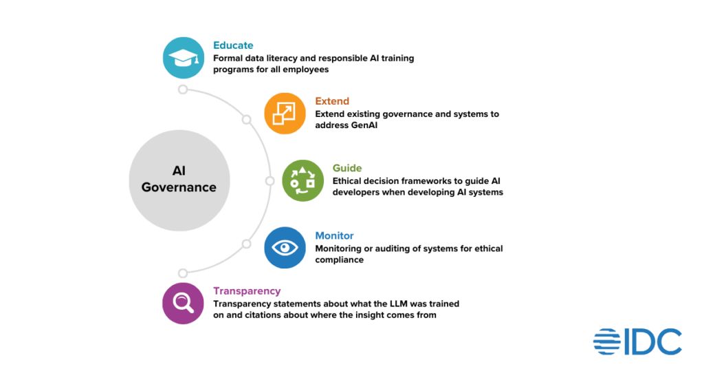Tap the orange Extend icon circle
pyautogui.click(x=285, y=113)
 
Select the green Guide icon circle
pyautogui.click(x=302, y=180)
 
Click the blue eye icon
pyautogui.click(x=285, y=247)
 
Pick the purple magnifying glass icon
pyautogui.click(x=183, y=303)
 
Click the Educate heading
pyautogui.click(x=233, y=45)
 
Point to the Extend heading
pyautogui.click(x=332, y=101)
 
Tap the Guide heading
pyautogui.click(x=347, y=168)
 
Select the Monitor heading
pyautogui.click(x=335, y=235)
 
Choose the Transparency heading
pyautogui.click(x=247, y=291)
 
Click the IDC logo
pyautogui.click(x=637, y=342)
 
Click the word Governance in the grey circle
pyautogui.click(x=179, y=187)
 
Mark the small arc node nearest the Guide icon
pyautogui.click(x=269, y=181)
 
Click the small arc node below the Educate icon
pyautogui.click(x=182, y=89)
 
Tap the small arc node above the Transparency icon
pyautogui.click(x=182, y=273)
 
